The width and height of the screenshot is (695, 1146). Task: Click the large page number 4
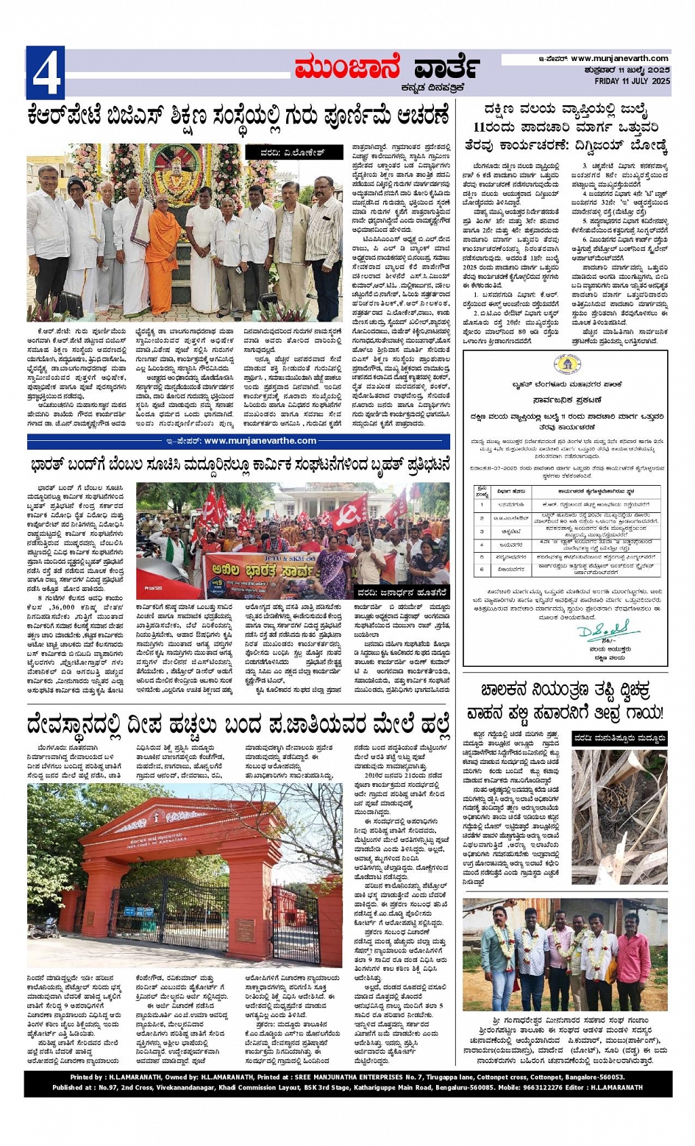(x=45, y=73)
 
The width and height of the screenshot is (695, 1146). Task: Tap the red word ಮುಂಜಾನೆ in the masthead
(x=346, y=68)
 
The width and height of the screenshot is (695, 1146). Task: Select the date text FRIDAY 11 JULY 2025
(x=632, y=81)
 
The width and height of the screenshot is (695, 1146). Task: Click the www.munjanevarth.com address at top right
(x=620, y=59)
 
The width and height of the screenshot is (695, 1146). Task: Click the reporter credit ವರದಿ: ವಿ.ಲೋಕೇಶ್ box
(x=293, y=152)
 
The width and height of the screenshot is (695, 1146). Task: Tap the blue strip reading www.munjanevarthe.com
(x=240, y=441)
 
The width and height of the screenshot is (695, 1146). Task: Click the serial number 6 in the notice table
(x=482, y=569)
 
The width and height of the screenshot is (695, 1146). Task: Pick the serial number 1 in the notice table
(x=482, y=504)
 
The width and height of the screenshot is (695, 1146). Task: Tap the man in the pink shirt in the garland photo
(x=632, y=957)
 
